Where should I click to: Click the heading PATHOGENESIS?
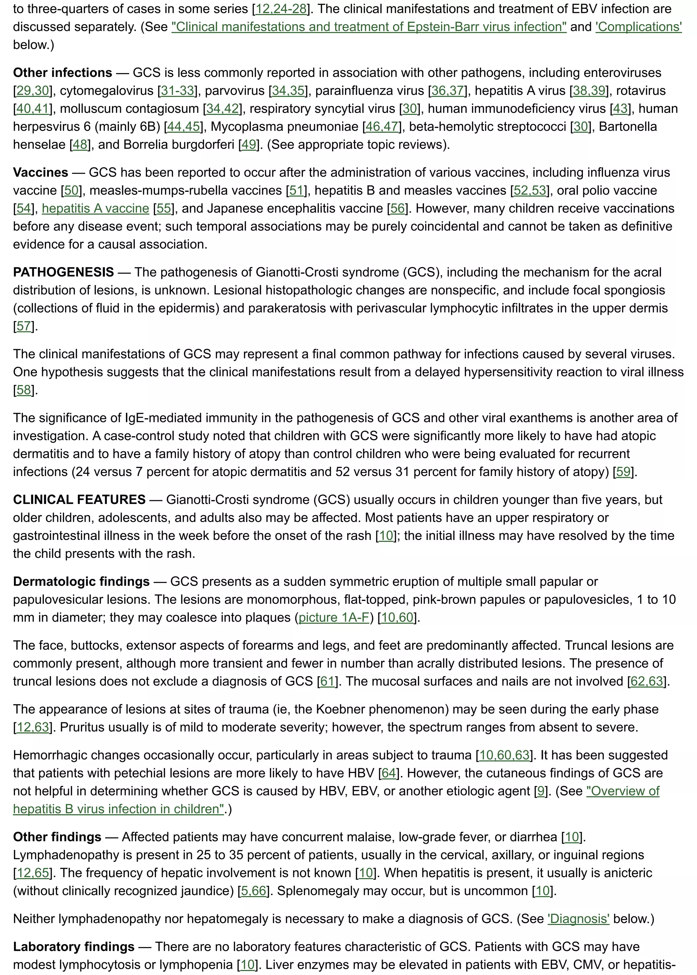click(63, 272)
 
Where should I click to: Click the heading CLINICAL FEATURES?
click(79, 500)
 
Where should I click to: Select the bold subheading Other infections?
click(62, 73)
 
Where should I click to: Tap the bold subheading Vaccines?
click(40, 172)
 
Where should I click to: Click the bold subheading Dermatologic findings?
click(81, 582)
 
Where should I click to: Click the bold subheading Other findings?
click(57, 837)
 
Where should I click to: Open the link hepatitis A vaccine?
click(95, 208)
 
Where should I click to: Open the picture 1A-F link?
click(334, 618)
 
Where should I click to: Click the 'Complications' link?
click(638, 27)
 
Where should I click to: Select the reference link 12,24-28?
click(281, 9)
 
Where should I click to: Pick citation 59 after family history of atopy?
click(623, 472)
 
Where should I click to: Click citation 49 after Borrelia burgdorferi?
click(249, 145)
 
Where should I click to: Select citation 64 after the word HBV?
click(389, 773)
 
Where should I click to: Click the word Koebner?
click(339, 709)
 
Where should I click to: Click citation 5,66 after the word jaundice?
click(254, 891)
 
